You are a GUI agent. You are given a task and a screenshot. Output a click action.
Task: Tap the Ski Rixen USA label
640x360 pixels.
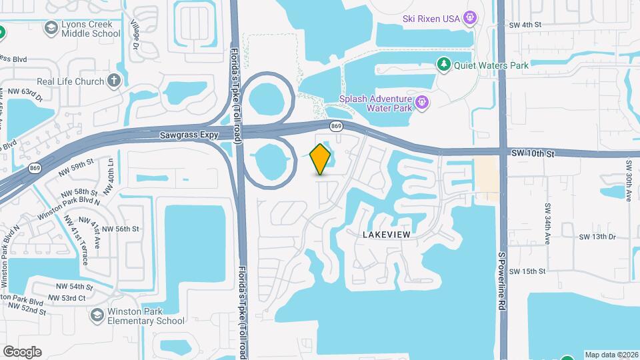point(431,18)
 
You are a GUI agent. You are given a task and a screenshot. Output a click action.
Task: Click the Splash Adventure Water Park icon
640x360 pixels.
point(421,103)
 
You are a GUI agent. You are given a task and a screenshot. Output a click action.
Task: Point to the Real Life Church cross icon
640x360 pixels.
point(115,81)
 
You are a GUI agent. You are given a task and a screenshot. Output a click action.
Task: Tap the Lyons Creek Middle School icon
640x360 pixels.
point(51,28)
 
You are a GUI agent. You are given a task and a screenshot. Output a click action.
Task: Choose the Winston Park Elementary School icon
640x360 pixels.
point(97,315)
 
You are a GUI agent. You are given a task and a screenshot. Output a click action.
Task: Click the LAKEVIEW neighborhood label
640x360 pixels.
point(386,235)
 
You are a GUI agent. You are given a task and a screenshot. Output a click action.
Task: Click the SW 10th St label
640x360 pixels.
point(534,153)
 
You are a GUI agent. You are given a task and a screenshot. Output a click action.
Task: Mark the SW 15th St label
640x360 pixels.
point(527,271)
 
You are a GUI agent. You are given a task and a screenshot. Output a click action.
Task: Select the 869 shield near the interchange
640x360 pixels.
point(337,126)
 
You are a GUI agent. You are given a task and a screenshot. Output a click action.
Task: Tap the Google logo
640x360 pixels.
point(22,351)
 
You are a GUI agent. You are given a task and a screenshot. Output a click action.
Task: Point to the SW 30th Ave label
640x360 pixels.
point(629,181)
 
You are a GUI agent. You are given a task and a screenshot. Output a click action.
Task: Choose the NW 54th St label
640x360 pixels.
point(71,287)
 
